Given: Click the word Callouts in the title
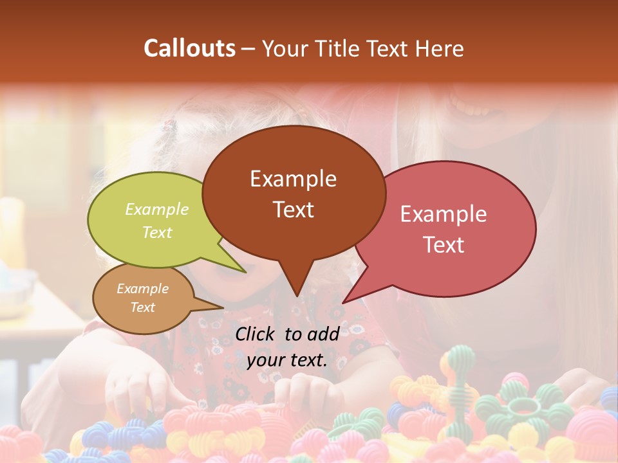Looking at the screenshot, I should click(x=189, y=48).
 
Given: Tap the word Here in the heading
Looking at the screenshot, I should click(x=439, y=48).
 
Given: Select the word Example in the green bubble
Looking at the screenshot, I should click(x=157, y=209).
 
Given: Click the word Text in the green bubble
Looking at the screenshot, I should click(x=157, y=232).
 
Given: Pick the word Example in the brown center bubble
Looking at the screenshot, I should click(x=293, y=179).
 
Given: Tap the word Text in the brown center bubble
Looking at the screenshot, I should click(x=293, y=210).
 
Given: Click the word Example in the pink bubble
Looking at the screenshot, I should click(x=444, y=214).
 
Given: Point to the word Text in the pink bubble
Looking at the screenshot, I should click(x=444, y=245).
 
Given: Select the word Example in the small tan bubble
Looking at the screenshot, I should click(x=143, y=289).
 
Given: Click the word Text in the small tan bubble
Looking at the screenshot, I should click(x=143, y=307).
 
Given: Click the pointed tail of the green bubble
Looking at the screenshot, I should click(x=245, y=271).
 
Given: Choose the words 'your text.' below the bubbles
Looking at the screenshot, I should click(x=287, y=360).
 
